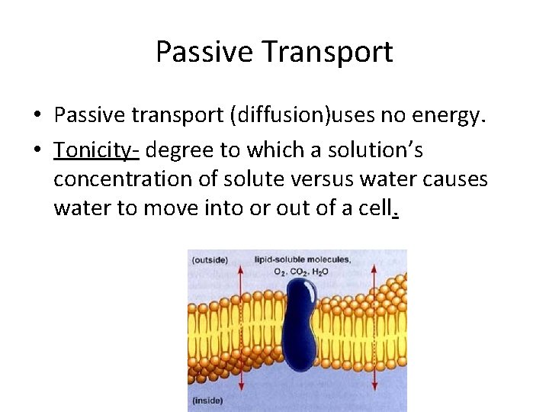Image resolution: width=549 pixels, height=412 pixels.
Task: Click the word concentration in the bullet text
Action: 122,179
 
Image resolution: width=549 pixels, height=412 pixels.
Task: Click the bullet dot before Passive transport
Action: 37,116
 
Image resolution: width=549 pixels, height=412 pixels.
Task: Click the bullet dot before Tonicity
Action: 37,151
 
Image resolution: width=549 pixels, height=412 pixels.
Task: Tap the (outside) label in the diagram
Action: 209,259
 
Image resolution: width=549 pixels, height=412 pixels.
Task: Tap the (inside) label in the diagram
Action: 207,399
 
